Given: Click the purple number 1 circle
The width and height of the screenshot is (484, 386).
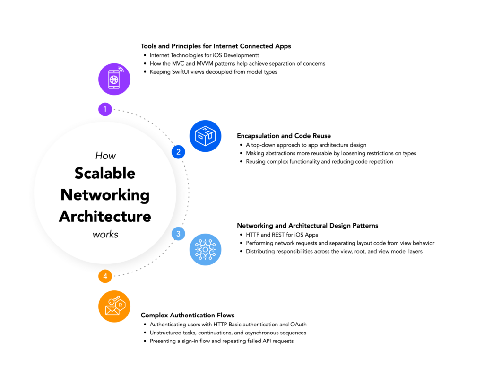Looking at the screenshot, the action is point(105,109).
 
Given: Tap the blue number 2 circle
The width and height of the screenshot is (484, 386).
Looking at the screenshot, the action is point(178,152).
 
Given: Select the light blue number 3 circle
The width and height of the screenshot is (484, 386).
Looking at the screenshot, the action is point(178,234).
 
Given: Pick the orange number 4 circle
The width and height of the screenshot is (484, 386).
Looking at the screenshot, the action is point(105,276).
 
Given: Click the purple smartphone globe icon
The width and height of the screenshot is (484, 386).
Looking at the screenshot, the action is point(114,79).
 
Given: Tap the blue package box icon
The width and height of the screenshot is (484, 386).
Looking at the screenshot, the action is point(205,136).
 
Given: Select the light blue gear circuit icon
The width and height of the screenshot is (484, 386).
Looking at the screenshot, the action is point(205,249).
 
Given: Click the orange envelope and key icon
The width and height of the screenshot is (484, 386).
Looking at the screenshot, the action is point(114,307).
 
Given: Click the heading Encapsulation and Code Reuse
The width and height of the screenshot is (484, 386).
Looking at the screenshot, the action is point(284,136).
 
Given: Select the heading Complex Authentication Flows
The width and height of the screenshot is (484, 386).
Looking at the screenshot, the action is point(188,316).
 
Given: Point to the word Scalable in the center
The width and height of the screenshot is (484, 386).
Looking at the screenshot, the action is point(105,173).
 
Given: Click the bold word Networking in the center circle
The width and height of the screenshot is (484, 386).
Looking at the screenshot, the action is point(105,195).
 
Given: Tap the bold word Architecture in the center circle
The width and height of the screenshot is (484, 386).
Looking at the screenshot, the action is point(105,216).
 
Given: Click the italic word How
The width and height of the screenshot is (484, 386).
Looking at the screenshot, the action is point(105,155).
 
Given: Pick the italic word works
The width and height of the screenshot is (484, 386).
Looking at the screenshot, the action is point(105,234).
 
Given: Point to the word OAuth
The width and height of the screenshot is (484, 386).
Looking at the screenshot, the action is point(298,325).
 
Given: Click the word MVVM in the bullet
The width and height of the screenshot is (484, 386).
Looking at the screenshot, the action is point(205,63).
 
